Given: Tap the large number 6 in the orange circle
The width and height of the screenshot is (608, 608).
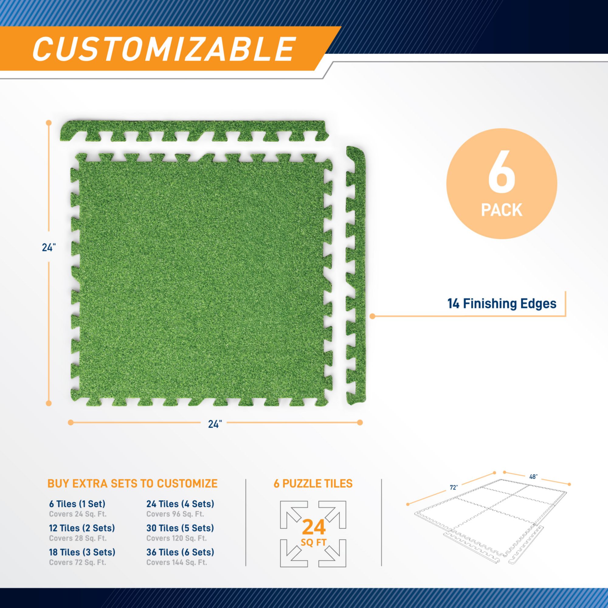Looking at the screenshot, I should pos(502,176).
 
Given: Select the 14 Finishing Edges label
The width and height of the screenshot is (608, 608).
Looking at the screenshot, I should pos(502,304).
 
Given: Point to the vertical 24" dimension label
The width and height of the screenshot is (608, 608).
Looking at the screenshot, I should pos(49,248).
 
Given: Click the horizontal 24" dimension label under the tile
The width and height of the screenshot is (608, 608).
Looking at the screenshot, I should pos(216,424).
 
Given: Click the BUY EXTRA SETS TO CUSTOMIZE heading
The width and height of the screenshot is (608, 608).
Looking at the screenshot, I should pos(133,483).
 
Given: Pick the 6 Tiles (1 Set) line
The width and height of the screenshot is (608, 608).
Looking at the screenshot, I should pos(77,504).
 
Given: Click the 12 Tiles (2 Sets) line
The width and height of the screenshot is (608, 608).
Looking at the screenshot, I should pos(82,528).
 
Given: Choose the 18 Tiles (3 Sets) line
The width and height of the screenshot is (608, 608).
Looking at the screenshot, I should pos(82,552).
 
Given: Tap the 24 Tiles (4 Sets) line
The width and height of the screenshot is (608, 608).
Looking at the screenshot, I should pos(180,504).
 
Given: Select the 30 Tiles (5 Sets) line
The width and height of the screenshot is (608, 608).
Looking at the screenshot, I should pos(180,528).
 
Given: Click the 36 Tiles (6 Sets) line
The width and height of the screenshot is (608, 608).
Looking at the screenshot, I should pos(180,552).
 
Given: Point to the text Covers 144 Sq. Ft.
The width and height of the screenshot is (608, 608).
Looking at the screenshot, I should pos(177,562).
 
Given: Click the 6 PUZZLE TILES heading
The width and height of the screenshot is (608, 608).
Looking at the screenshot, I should pos(313,483).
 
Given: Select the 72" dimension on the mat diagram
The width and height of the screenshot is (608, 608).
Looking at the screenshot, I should pos(453,497).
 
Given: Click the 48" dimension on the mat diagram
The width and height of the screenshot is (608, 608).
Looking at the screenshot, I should pos(533,485).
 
